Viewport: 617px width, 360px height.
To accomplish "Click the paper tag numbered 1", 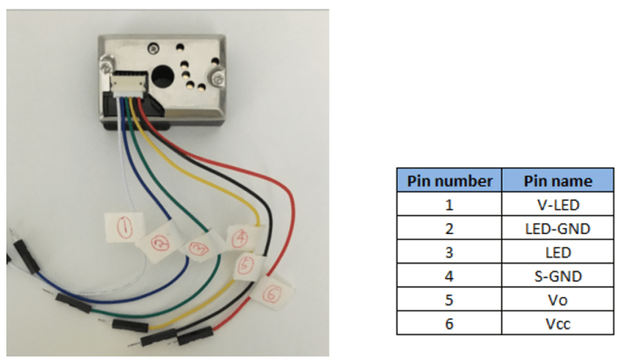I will (124, 227).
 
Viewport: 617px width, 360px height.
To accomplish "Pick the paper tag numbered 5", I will (246, 265).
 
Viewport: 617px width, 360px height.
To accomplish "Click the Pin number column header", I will (449, 180).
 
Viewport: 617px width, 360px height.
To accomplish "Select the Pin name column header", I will (558, 180).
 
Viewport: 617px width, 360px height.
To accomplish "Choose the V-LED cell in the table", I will (558, 205).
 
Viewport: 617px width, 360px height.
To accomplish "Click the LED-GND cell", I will (558, 229).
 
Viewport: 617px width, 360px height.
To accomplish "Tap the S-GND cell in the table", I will (558, 276).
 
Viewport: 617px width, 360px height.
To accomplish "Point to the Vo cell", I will (558, 300).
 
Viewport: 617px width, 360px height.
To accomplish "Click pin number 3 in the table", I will (449, 252).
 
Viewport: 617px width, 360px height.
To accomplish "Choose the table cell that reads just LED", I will (558, 252).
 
